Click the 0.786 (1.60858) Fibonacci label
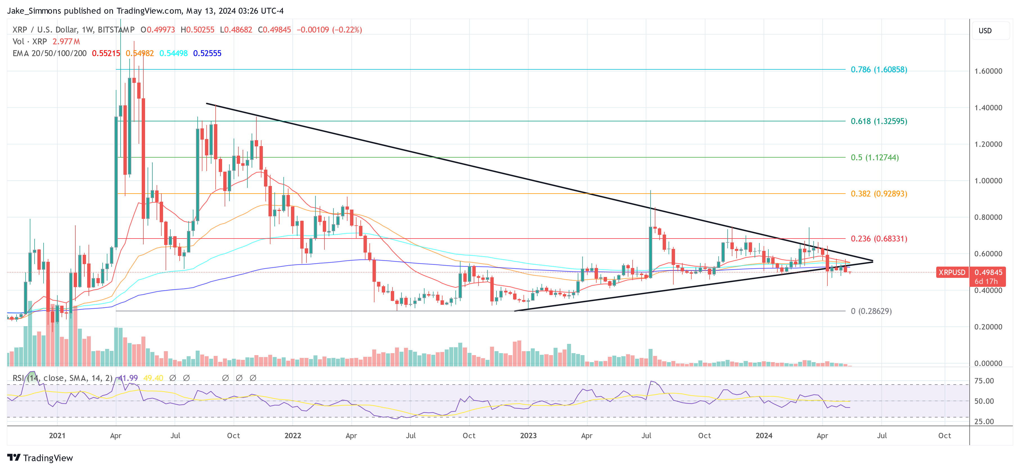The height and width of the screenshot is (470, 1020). coord(879,70)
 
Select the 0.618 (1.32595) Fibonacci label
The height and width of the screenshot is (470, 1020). coord(879,121)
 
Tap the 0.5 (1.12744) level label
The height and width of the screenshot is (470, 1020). coord(874,157)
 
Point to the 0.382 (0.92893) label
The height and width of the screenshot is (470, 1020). coord(879,194)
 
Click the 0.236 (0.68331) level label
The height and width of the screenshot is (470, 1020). coord(879,239)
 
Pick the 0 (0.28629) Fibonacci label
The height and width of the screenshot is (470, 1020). coord(871,311)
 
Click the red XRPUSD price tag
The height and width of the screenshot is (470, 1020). coord(951,272)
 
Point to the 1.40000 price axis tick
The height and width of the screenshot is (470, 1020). coord(988,108)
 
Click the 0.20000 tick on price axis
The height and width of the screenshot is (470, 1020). coord(988,327)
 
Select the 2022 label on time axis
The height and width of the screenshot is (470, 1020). coord(293,435)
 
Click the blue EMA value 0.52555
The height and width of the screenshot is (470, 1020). coord(207,53)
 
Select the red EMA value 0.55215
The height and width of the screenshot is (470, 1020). coord(106,53)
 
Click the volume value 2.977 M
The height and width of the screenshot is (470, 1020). coord(66,42)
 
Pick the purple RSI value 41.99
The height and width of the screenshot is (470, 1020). coord(128,378)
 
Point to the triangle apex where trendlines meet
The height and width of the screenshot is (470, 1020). coord(873,261)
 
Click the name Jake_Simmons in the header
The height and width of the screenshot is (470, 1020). coord(34,11)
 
